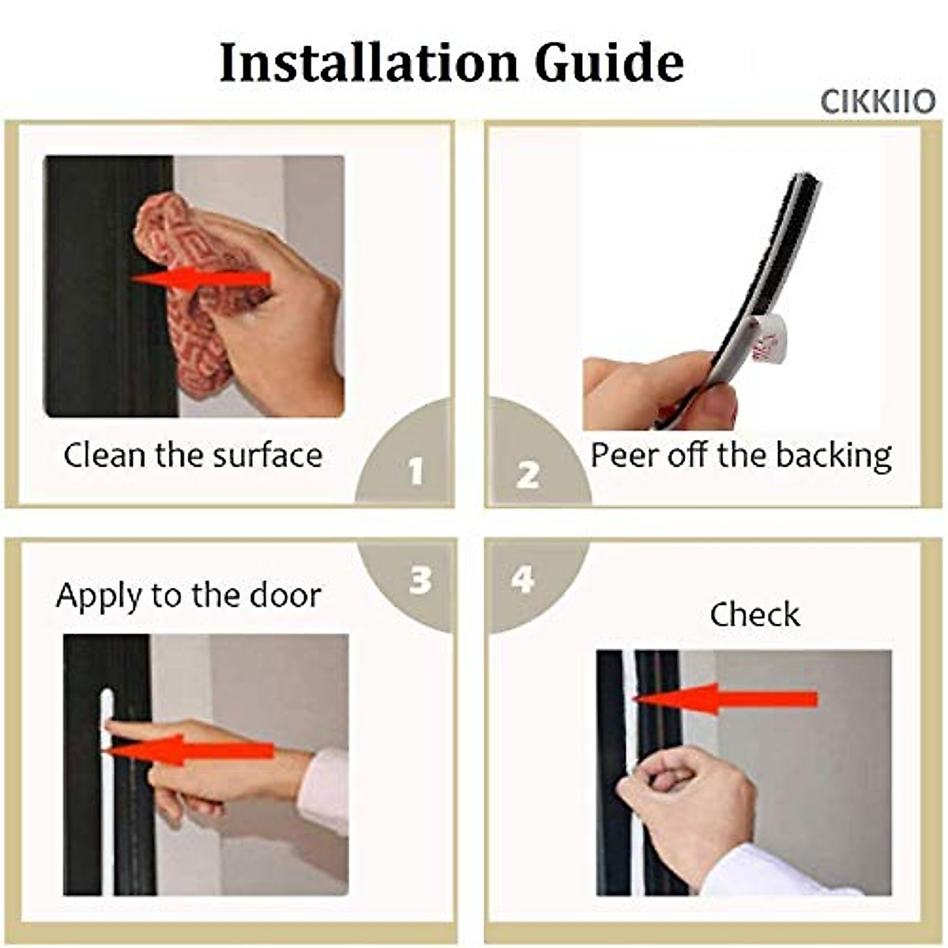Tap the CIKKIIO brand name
(x=877, y=102)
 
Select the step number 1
(x=416, y=472)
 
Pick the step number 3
(x=420, y=581)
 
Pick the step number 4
(x=522, y=581)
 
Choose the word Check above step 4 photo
(x=754, y=615)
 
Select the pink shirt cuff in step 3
(x=324, y=790)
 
